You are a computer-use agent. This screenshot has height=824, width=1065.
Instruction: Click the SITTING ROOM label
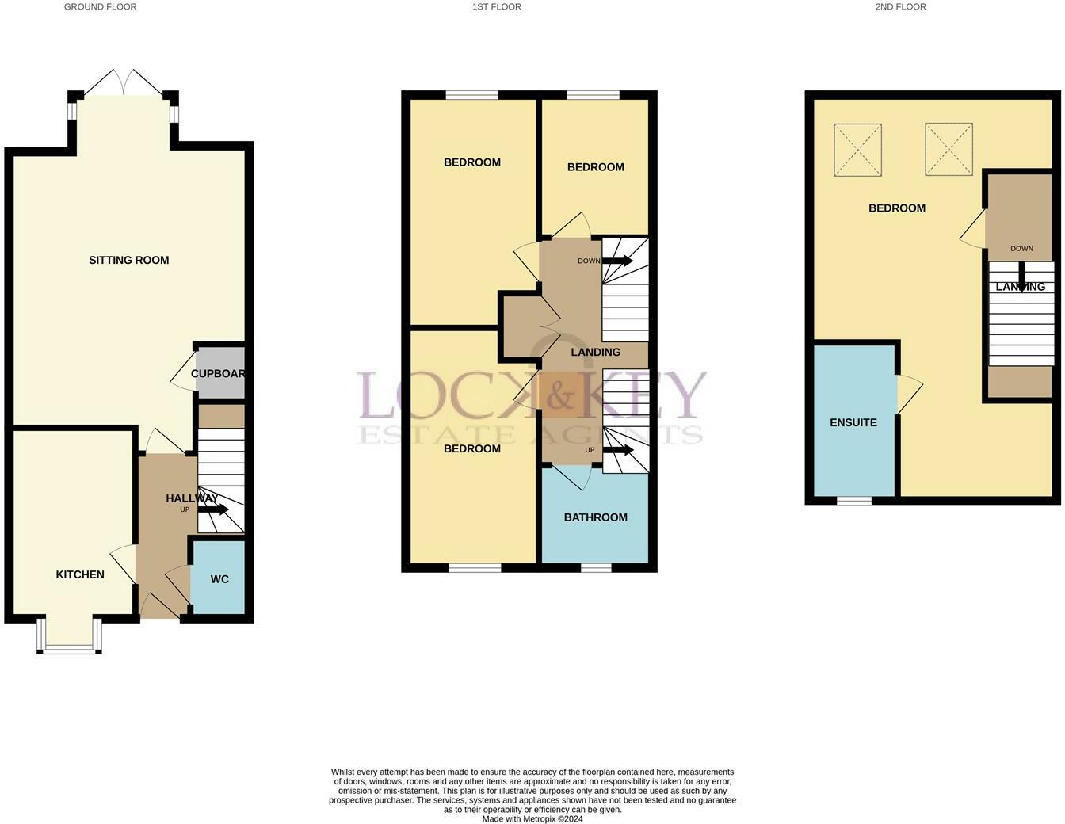[129, 260]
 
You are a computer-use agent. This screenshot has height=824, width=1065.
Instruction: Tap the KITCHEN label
[80, 574]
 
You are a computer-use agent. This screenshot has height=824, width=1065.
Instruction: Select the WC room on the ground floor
[219, 578]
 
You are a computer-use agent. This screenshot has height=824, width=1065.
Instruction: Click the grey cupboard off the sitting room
[220, 373]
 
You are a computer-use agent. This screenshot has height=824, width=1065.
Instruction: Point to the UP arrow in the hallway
[213, 509]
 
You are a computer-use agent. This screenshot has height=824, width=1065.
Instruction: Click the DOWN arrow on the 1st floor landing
[617, 261]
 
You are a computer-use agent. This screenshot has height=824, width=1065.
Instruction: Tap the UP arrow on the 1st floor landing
[617, 450]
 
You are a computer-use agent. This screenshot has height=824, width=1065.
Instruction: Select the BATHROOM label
[595, 517]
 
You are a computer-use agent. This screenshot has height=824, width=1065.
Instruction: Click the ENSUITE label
[853, 422]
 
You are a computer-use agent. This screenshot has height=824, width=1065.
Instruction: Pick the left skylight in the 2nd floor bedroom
[857, 150]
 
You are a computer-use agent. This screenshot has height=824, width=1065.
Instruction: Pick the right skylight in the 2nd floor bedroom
[949, 150]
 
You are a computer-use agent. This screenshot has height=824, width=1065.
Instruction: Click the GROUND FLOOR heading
[101, 7]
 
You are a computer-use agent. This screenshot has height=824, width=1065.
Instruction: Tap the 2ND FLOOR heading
[901, 7]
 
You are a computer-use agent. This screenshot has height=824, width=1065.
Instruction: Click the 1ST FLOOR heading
[497, 7]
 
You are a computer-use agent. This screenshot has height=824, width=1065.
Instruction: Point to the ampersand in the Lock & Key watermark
[559, 397]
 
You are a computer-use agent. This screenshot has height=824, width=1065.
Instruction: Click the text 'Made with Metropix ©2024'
[532, 818]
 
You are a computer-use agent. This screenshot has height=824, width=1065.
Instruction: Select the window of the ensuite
[853, 501]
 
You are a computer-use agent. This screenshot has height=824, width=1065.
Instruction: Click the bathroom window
[596, 568]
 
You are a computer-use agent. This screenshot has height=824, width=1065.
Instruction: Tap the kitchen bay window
[70, 637]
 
